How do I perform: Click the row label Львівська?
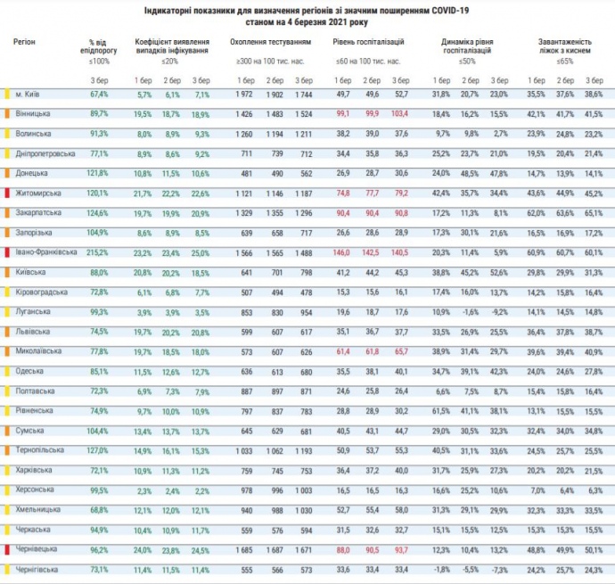(x=32, y=330)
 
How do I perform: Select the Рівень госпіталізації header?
(x=368, y=42)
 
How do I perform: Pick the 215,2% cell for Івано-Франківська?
(x=98, y=252)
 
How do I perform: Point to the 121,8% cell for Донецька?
(x=98, y=173)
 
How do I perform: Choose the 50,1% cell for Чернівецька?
(x=594, y=548)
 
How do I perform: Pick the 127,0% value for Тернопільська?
(x=98, y=449)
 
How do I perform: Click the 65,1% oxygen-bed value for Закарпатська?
(x=594, y=213)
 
